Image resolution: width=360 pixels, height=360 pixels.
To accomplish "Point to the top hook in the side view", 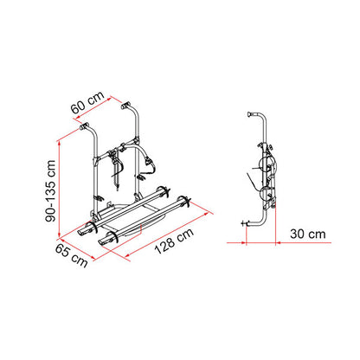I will pos(252,114).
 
